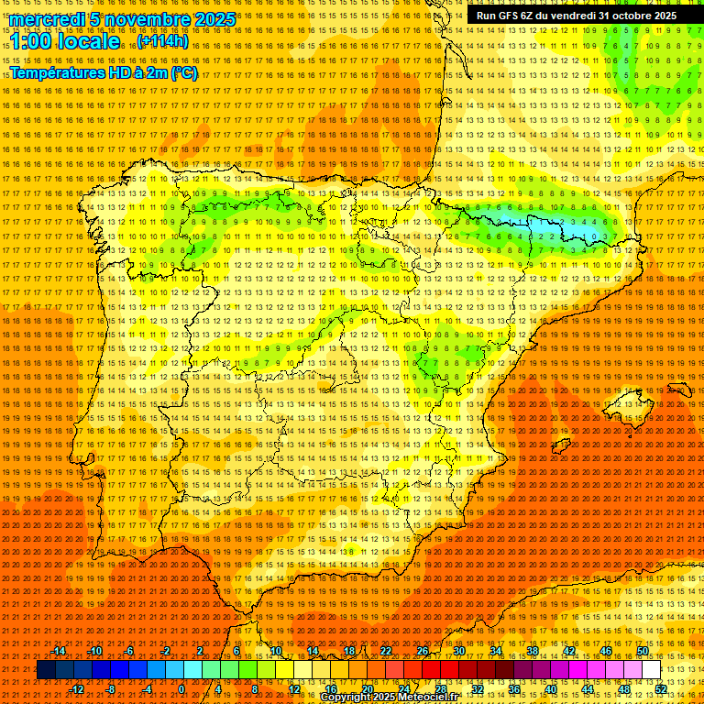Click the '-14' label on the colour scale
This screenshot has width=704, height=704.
[x=59, y=651]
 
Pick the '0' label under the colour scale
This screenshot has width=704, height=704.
[x=181, y=689]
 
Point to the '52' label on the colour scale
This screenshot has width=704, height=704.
[x=661, y=689]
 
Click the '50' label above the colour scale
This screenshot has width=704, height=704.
[x=642, y=651]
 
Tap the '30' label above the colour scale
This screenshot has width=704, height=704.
[x=458, y=651]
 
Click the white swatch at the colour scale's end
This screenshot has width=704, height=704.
[x=651, y=670]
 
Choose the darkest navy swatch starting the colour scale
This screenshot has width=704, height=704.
[x=46, y=670]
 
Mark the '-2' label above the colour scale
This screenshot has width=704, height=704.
[x=165, y=651]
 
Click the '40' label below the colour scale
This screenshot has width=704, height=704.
[x=550, y=689]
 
